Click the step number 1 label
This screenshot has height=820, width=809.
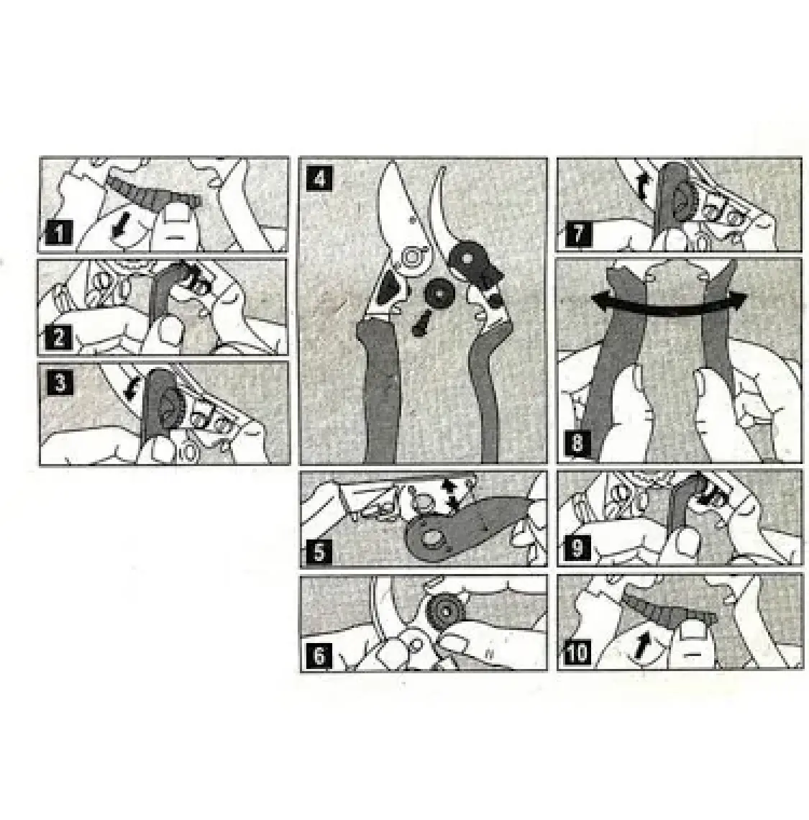(x=58, y=232)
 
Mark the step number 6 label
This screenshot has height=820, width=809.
(x=319, y=655)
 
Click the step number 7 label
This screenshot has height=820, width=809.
(x=578, y=233)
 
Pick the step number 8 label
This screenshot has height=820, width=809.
(x=576, y=444)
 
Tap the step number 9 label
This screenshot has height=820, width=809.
(x=577, y=547)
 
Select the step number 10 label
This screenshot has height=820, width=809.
(x=577, y=653)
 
